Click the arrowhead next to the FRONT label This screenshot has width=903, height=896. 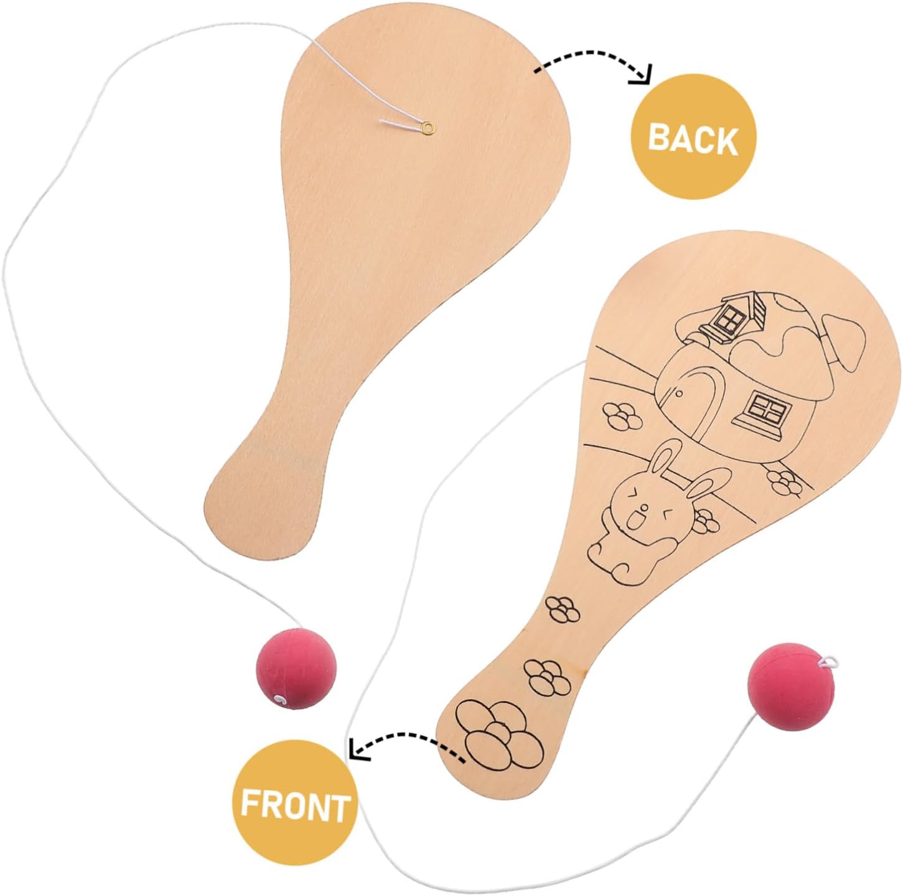tap(357, 748)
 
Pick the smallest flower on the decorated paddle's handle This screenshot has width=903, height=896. tap(563, 607)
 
